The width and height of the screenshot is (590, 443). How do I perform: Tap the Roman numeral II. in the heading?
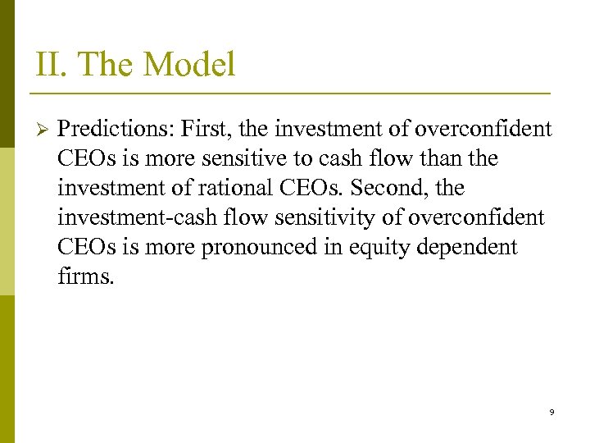click(48, 64)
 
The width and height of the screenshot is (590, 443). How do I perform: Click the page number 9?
click(551, 412)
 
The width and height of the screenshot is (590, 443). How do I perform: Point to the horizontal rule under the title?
click(293, 92)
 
